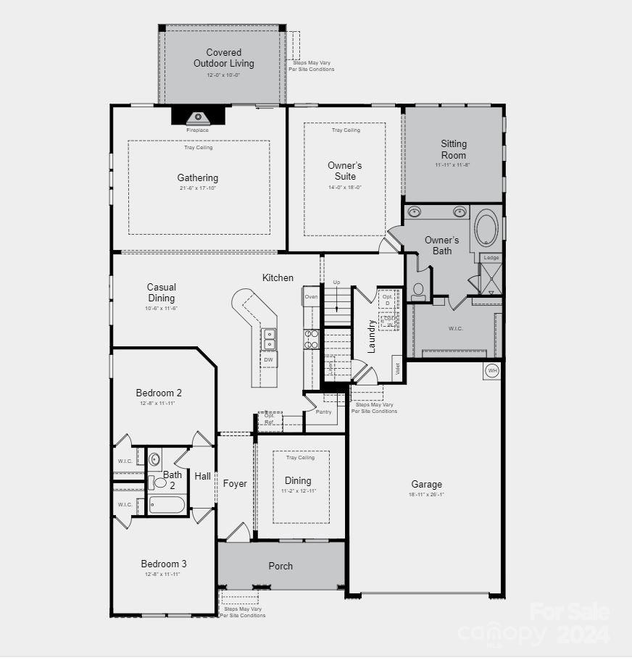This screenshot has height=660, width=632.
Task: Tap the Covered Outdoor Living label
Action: click(223, 58)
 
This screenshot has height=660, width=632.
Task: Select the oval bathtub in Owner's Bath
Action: click(486, 228)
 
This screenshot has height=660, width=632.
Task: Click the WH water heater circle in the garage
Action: click(492, 371)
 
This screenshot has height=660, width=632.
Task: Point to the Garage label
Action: click(426, 485)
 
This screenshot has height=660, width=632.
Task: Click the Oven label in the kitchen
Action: click(311, 297)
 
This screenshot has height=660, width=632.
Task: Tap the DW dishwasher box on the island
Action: click(268, 359)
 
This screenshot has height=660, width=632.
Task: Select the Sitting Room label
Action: click(454, 149)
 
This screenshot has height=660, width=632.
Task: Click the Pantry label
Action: click(323, 412)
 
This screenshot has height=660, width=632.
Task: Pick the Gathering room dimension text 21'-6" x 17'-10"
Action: click(198, 188)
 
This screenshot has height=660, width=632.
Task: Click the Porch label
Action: click(280, 566)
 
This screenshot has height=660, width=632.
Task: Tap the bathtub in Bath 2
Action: click(167, 504)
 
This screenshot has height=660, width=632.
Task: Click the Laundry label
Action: click(372, 336)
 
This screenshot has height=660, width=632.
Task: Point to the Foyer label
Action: click(235, 483)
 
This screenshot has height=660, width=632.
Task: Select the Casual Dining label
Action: click(161, 293)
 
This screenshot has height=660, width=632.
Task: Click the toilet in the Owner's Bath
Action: click(418, 290)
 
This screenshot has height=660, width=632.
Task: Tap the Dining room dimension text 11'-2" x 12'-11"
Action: click(298, 491)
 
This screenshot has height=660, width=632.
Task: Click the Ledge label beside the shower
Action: click(491, 258)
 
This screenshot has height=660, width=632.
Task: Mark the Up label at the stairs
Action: click(336, 282)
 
